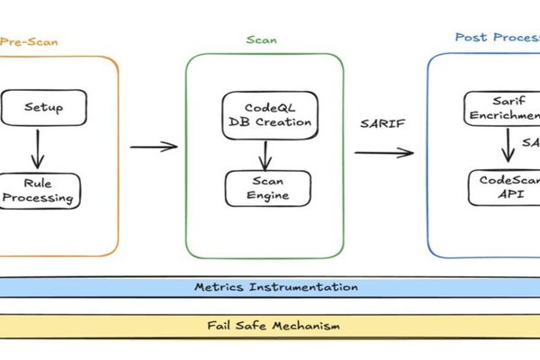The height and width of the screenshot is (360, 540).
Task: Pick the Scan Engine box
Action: tap(265, 188)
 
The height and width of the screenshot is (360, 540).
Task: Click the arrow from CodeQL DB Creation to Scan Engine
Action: tap(265, 154)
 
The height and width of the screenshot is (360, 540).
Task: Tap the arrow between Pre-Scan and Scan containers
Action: tap(154, 147)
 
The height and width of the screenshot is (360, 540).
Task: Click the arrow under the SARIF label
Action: tap(383, 151)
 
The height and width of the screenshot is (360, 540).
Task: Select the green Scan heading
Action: tap(262, 40)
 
